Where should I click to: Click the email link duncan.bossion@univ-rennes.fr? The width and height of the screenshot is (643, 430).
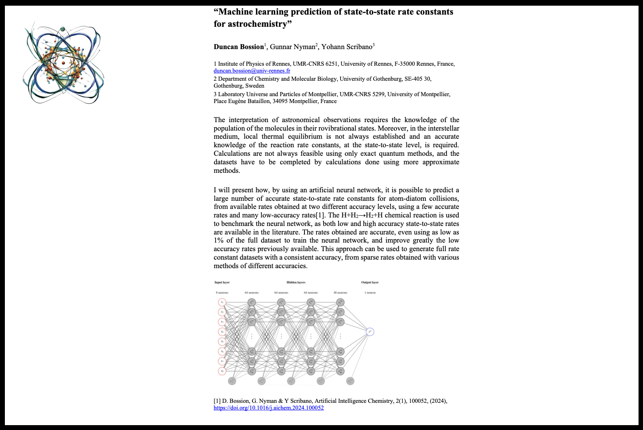click(x=252, y=71)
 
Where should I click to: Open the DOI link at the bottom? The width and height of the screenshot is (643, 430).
click(x=269, y=408)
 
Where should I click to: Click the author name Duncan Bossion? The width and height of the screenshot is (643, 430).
click(x=239, y=47)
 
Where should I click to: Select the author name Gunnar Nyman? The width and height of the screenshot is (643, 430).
click(x=292, y=47)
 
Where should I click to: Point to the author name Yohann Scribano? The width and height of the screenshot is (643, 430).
click(x=347, y=47)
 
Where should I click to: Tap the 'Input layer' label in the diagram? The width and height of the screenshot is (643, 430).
click(x=222, y=282)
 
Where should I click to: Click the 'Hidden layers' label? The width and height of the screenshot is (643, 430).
click(x=296, y=282)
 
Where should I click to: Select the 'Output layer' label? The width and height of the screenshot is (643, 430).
click(x=370, y=282)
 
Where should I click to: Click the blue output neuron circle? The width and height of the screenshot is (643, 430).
click(x=369, y=332)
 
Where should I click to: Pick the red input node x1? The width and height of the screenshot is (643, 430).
click(x=222, y=302)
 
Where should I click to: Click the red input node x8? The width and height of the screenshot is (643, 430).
click(x=222, y=371)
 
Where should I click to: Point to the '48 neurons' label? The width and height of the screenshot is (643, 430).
click(x=340, y=292)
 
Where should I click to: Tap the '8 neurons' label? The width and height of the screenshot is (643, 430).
click(x=222, y=292)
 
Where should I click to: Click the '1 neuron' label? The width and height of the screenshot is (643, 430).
click(x=370, y=292)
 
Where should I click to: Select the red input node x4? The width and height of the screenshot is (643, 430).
click(x=222, y=332)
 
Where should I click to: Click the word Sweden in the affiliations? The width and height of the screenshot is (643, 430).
click(x=255, y=86)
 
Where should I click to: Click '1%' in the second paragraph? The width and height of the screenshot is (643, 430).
click(x=219, y=240)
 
